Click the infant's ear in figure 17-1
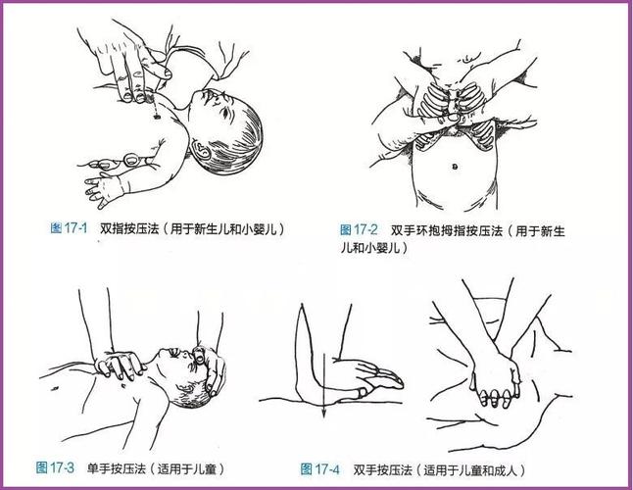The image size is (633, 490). pyautogui.click(x=203, y=150)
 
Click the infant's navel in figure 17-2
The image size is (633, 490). pyautogui.click(x=457, y=166)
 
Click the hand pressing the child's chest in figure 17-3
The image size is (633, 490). pyautogui.click(x=118, y=366)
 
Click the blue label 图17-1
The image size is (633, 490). pyautogui.click(x=69, y=228)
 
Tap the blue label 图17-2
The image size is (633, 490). pyautogui.click(x=359, y=228)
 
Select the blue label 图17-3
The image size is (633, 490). pyautogui.click(x=55, y=466)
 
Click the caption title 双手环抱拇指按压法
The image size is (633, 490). pyautogui.click(x=441, y=228)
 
